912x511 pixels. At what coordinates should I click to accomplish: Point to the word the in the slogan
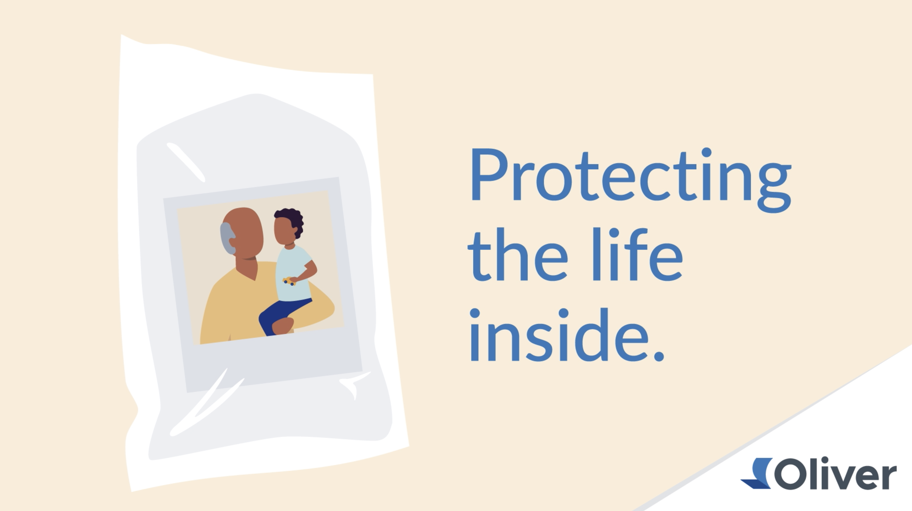[x=518, y=254]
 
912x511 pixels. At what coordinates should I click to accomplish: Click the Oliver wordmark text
[x=836, y=473]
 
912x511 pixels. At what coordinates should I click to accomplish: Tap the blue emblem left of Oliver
[x=757, y=473]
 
